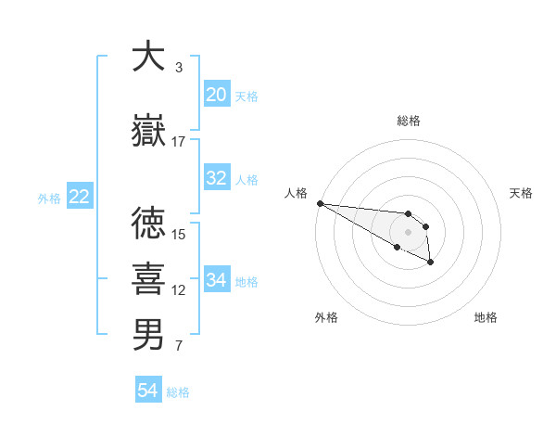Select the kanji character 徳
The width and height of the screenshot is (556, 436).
click(x=148, y=224)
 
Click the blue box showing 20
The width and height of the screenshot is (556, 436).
click(x=216, y=95)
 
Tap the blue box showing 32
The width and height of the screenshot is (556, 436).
click(x=216, y=178)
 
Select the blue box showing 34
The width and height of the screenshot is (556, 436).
click(x=216, y=280)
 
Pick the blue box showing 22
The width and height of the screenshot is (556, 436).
click(x=79, y=197)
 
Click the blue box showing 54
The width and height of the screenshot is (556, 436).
click(x=148, y=391)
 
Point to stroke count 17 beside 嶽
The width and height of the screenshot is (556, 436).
click(x=179, y=141)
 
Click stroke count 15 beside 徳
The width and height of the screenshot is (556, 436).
click(x=179, y=234)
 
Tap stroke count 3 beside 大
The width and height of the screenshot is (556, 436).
click(x=179, y=67)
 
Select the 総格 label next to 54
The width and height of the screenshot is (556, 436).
click(x=178, y=392)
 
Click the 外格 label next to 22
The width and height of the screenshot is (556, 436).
click(x=49, y=198)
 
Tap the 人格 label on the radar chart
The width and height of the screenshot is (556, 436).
click(x=296, y=192)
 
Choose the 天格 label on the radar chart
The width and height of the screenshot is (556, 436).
click(x=521, y=192)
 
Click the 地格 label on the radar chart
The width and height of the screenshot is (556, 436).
click(x=486, y=317)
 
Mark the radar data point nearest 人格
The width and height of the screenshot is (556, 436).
click(x=320, y=203)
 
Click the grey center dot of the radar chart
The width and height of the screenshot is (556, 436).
click(x=408, y=232)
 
